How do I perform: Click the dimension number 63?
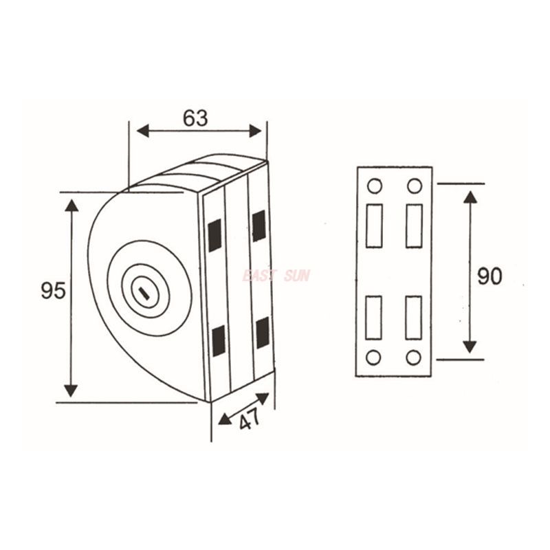(195, 118)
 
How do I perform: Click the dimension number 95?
(53, 291)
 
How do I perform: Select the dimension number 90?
(489, 276)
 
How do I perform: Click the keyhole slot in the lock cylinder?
(144, 295)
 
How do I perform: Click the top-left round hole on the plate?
(374, 186)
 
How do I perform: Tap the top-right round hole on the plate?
(414, 186)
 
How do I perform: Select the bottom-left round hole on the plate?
(373, 357)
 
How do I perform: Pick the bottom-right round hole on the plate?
(413, 357)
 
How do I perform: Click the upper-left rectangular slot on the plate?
(374, 225)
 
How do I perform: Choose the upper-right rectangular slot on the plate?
(414, 225)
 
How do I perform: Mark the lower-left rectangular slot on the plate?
(373, 317)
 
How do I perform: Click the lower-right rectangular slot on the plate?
(413, 317)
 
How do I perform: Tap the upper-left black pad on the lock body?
(215, 236)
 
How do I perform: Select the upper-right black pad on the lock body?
(259, 226)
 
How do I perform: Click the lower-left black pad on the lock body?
(219, 341)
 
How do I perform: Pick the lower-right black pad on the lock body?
(263, 332)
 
